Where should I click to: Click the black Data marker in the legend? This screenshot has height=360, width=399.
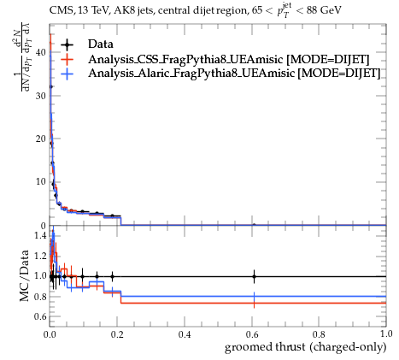pyautogui.click(x=67, y=44)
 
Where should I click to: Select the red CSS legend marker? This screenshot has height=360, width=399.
pyautogui.click(x=67, y=59)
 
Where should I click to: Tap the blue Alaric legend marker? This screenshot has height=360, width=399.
pyautogui.click(x=67, y=74)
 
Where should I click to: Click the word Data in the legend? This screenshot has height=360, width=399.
pyautogui.click(x=101, y=44)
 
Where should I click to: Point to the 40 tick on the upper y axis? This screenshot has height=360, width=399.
pyautogui.click(x=40, y=52)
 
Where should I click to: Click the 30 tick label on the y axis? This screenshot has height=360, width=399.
pyautogui.click(x=40, y=96)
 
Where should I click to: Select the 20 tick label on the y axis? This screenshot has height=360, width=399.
pyautogui.click(x=40, y=139)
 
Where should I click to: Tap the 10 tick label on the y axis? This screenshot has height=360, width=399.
pyautogui.click(x=40, y=182)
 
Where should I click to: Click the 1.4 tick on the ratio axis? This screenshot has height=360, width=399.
pyautogui.click(x=40, y=235)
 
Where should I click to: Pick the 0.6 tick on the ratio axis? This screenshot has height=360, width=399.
pyautogui.click(x=40, y=316)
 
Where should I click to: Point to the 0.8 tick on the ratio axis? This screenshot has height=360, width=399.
pyautogui.click(x=40, y=297)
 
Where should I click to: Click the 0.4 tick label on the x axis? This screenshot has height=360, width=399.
pyautogui.click(x=185, y=334)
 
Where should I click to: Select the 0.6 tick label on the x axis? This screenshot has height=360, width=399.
pyautogui.click(x=252, y=334)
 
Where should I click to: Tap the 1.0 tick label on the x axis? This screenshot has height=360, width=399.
pyautogui.click(x=386, y=333)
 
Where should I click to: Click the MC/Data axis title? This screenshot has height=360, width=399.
pyautogui.click(x=25, y=275)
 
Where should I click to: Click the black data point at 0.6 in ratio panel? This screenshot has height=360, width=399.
pyautogui.click(x=254, y=276)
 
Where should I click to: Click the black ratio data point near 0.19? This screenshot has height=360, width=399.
pyautogui.click(x=113, y=276)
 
